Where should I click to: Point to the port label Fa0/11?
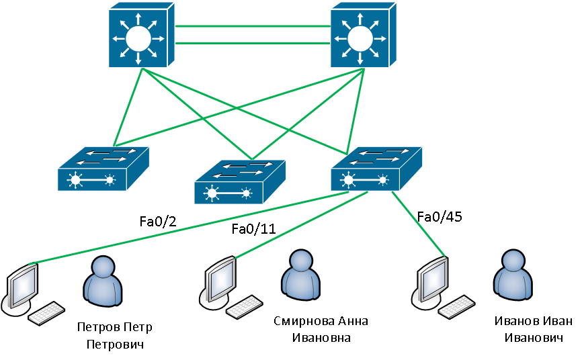point(253,229)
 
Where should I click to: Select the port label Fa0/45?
point(440,216)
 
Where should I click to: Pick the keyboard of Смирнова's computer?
point(243,307)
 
